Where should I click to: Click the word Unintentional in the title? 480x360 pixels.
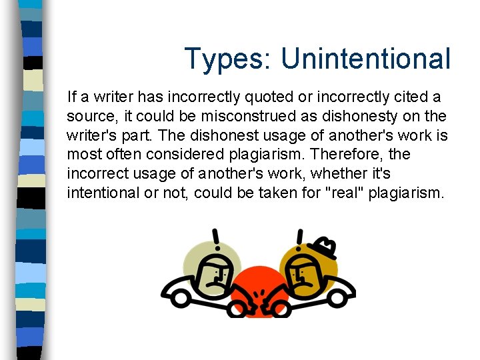coord(365,59)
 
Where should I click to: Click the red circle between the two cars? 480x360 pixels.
coord(257,293)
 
